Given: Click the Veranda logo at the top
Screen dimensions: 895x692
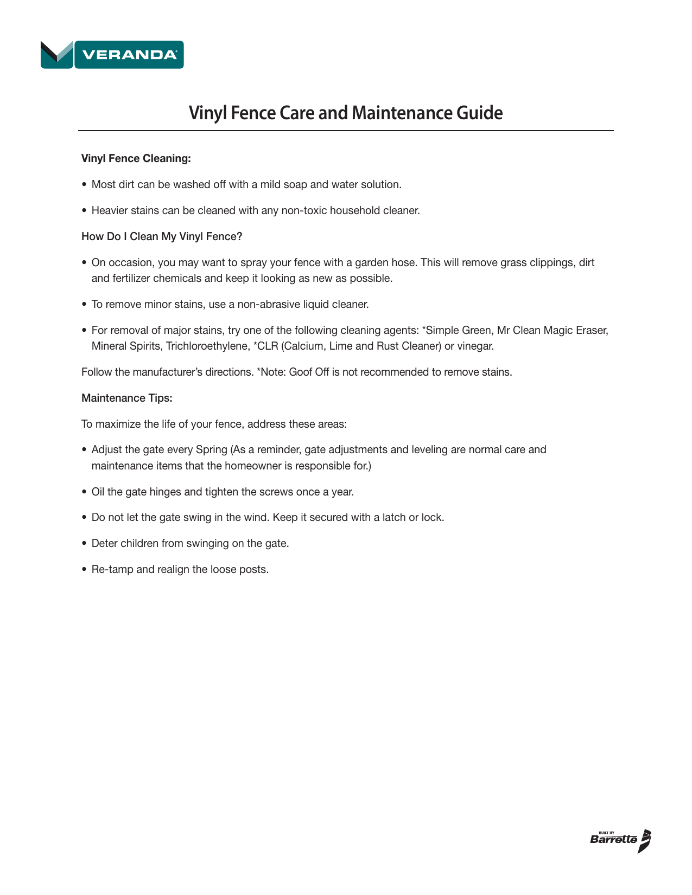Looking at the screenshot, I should pyautogui.click(x=112, y=55).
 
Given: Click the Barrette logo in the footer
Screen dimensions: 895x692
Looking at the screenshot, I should pyautogui.click(x=620, y=841).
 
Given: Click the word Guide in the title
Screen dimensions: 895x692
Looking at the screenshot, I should pyautogui.click(x=479, y=113).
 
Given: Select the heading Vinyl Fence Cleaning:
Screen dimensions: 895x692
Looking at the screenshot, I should pyautogui.click(x=136, y=159).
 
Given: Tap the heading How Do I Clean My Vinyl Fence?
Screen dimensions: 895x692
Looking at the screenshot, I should pyautogui.click(x=162, y=237).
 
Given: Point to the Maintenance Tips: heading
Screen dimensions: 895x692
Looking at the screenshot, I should pyautogui.click(x=127, y=398).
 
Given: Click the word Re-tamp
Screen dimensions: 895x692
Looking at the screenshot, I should pyautogui.click(x=112, y=570).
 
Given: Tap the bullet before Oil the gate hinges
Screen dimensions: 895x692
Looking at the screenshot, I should pyautogui.click(x=84, y=492).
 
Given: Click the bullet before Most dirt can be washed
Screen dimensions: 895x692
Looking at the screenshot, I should pyautogui.click(x=84, y=185).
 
